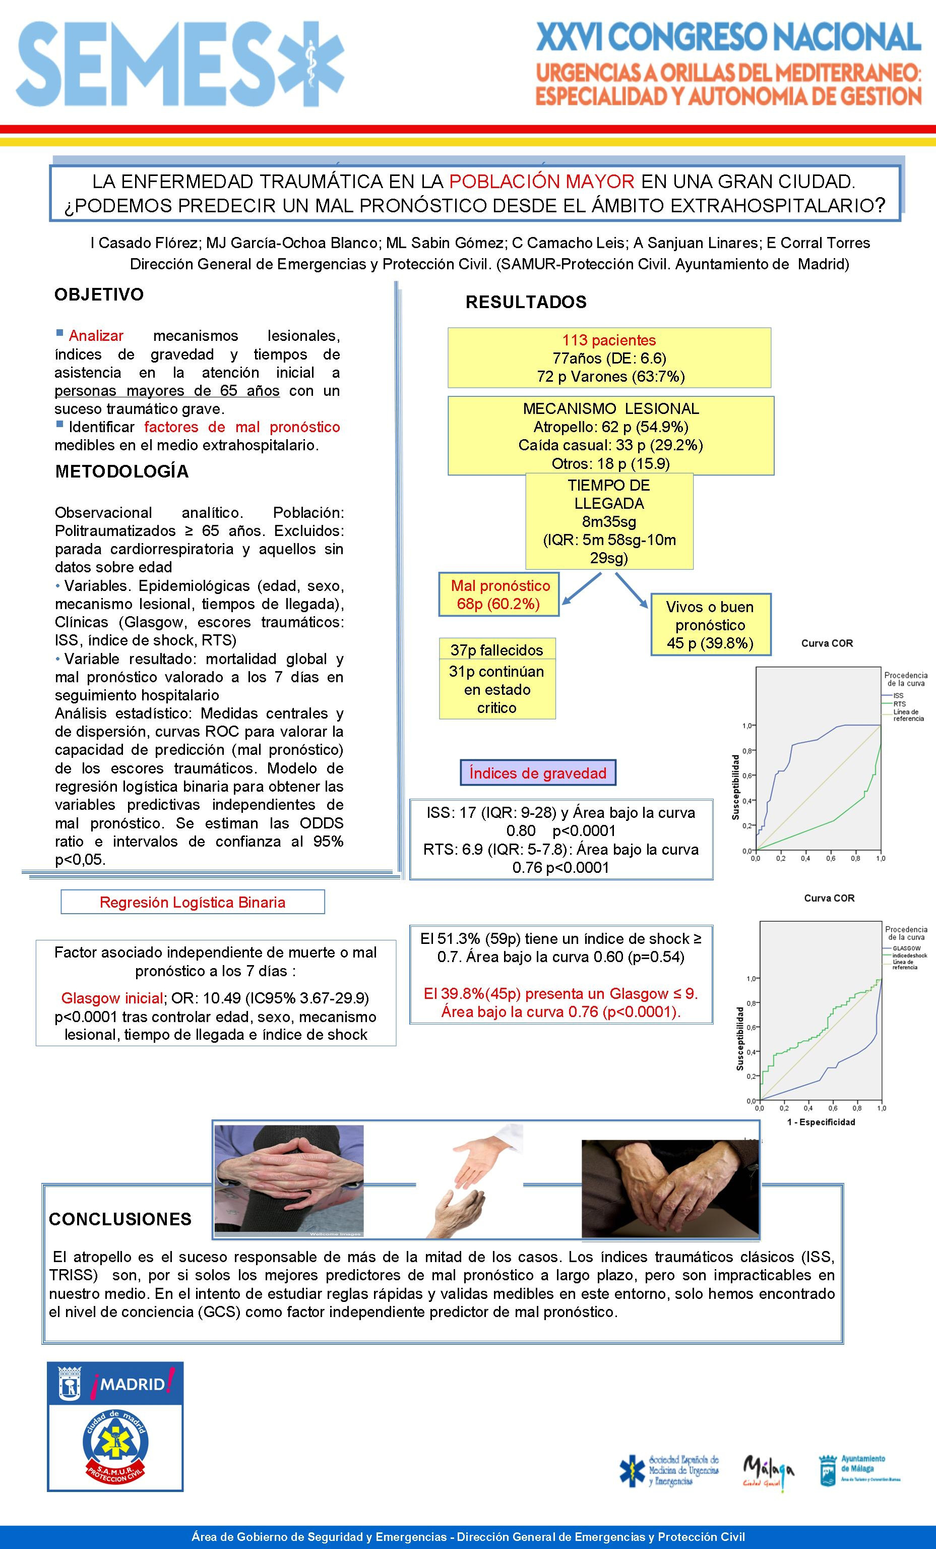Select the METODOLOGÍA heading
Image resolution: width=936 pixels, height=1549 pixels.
(x=122, y=471)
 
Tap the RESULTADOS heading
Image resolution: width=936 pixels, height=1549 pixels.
(x=526, y=303)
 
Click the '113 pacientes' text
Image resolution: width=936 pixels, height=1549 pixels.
(x=608, y=340)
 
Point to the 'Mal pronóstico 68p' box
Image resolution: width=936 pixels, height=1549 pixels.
(x=500, y=594)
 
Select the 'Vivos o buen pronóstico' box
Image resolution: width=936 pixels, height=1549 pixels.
(x=710, y=625)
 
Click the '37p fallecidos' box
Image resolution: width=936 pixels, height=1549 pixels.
(x=496, y=649)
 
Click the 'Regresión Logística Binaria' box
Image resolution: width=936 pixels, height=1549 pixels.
(x=193, y=902)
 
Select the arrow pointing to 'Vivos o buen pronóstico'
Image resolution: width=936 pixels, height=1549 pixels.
(x=631, y=589)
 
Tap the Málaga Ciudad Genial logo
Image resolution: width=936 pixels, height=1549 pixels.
(x=768, y=1471)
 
